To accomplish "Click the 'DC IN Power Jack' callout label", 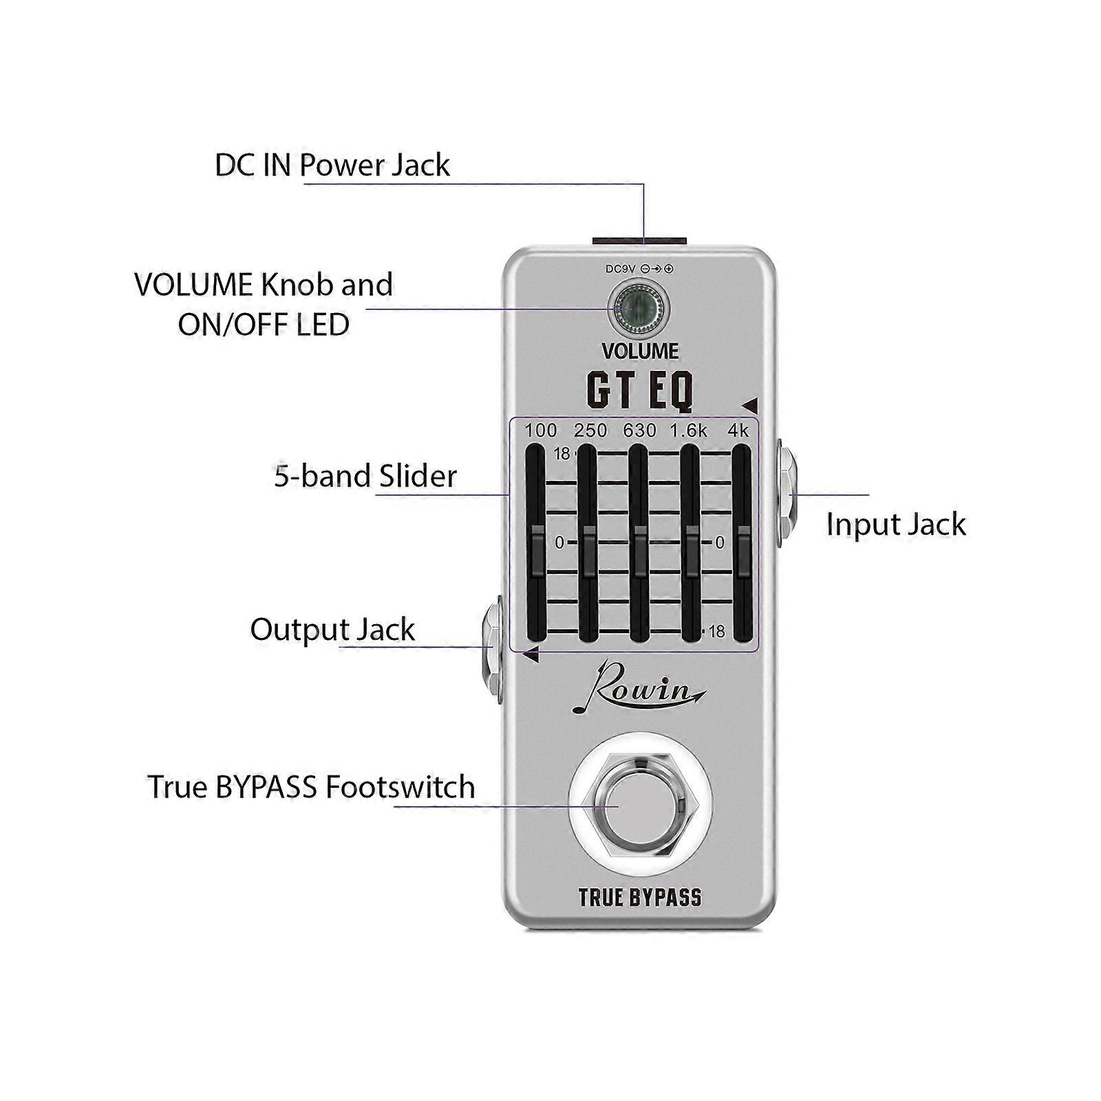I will click(332, 165).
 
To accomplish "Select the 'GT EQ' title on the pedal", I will click(639, 390).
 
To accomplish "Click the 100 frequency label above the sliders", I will click(540, 431).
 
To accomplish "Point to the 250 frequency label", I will click(590, 431).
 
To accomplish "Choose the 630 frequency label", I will click(639, 431).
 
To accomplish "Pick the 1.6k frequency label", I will click(689, 431).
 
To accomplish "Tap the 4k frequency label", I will click(738, 431).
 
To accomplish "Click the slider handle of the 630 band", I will click(639, 548).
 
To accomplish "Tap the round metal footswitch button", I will click(640, 806).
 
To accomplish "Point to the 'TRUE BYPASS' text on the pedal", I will click(640, 897).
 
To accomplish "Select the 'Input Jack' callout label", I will click(895, 524).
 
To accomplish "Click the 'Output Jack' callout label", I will click(332, 630).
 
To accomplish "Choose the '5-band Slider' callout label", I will click(365, 476).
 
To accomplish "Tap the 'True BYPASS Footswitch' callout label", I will click(311, 787).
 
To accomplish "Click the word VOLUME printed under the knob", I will click(640, 351).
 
